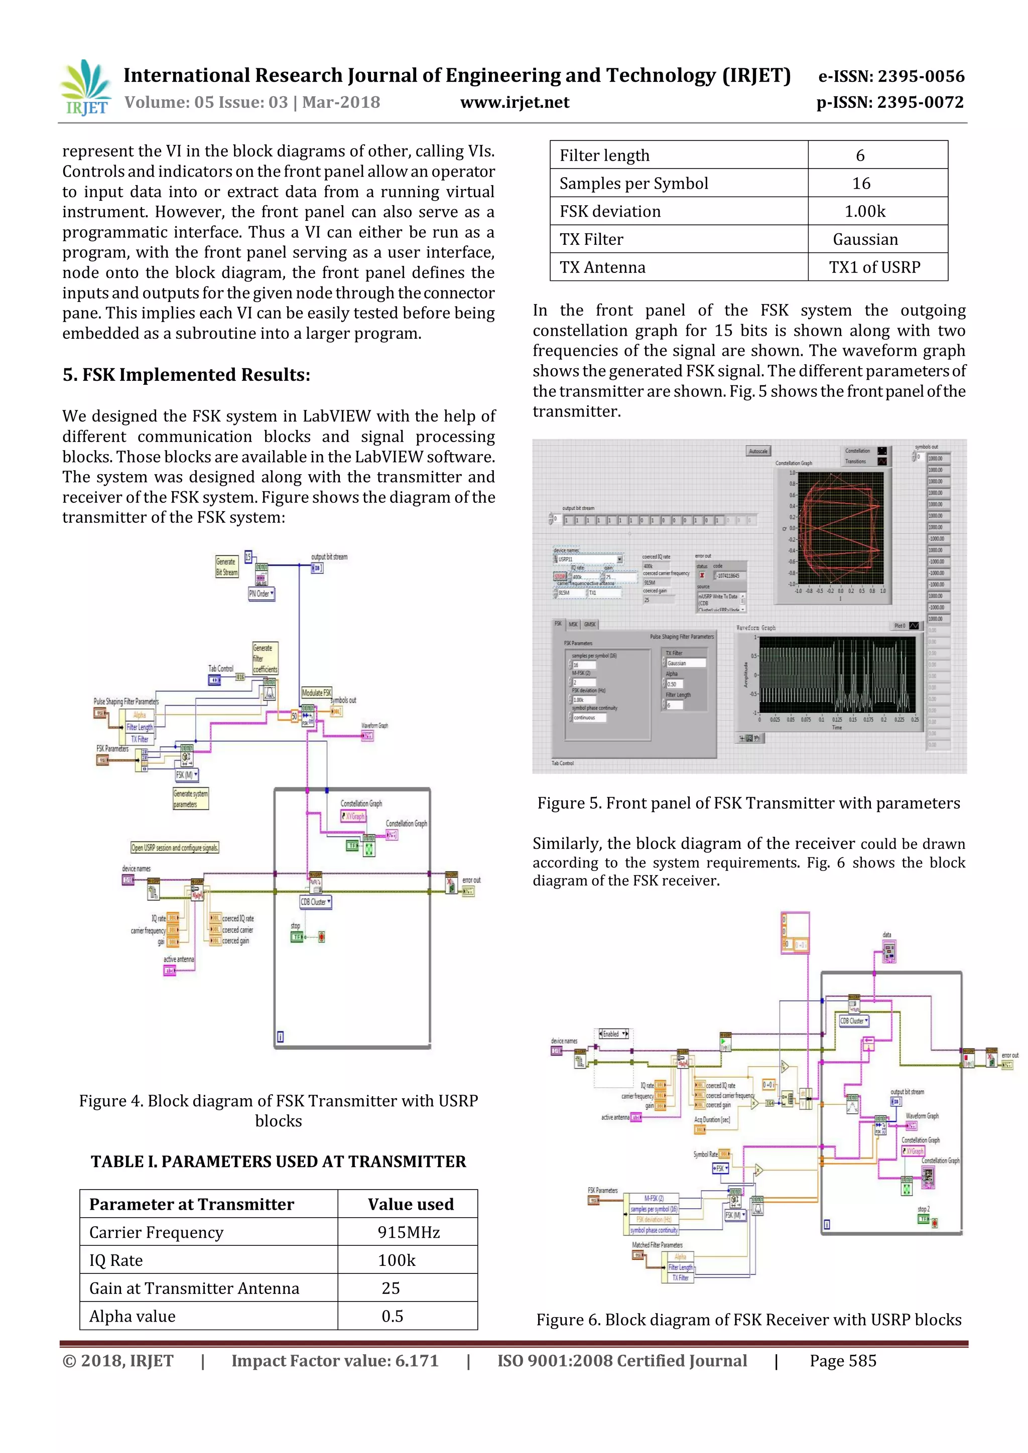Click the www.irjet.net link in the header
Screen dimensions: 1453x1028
point(515,102)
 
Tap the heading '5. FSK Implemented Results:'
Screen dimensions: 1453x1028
point(186,375)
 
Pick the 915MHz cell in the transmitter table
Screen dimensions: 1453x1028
point(408,1232)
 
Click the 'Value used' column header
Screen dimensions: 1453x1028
point(410,1204)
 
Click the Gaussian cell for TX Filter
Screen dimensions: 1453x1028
point(865,239)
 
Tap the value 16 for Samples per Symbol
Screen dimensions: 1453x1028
point(861,184)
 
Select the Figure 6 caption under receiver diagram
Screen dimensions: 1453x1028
point(749,1320)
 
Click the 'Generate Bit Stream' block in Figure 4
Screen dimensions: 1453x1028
point(226,566)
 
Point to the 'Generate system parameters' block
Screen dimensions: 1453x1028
point(191,799)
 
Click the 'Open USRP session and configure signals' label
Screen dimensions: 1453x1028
point(175,847)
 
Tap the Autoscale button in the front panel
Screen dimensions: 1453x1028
point(758,451)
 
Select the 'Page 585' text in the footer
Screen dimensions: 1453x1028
point(843,1361)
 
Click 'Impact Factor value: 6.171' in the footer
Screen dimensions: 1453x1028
point(335,1361)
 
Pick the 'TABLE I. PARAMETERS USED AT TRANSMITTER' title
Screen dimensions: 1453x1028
point(279,1161)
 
